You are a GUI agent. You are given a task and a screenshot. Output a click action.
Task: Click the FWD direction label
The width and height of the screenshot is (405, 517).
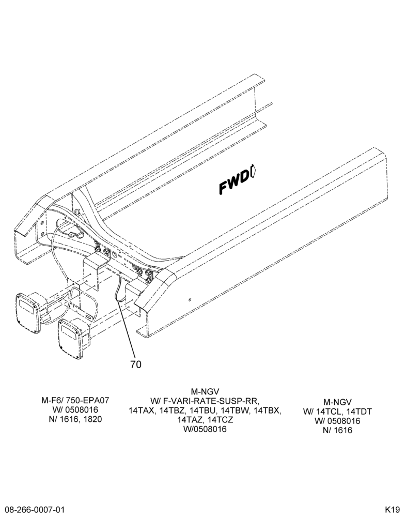235,184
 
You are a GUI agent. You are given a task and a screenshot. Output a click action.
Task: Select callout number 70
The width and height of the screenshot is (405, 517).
136,364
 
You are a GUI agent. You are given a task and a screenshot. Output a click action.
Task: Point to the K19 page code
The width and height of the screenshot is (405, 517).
392,509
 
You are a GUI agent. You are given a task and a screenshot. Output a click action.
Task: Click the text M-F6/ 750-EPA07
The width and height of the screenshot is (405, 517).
75,400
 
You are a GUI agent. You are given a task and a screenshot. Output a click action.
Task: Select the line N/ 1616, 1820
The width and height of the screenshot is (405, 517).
75,419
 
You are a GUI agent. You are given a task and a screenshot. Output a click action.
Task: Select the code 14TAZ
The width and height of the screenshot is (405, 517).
190,420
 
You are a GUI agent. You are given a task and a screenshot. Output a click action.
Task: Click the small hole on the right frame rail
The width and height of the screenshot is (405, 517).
190,300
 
